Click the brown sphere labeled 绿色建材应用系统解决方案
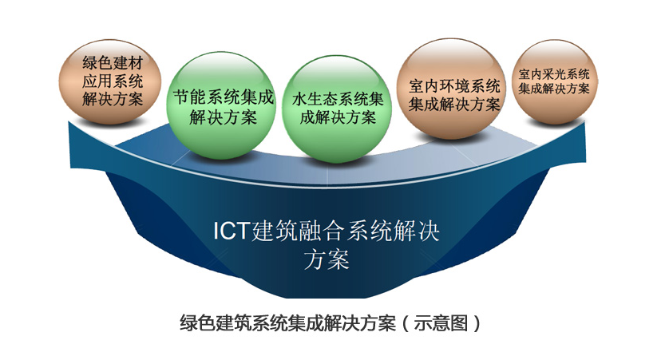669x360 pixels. [x=110, y=82]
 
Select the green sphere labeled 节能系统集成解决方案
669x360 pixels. [x=221, y=106]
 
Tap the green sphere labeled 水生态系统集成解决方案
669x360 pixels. [x=337, y=109]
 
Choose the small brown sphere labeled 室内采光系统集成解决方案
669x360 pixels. [x=554, y=82]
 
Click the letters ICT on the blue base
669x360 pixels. [x=231, y=231]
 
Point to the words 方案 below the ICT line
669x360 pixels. [x=327, y=259]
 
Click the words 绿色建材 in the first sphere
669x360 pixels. [x=113, y=63]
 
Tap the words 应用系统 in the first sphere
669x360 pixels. [x=113, y=81]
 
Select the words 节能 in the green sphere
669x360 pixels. [x=189, y=97]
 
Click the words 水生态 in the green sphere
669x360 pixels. [x=315, y=100]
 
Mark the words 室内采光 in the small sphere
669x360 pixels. [x=536, y=74]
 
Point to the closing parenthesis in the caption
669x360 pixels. [x=476, y=323]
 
